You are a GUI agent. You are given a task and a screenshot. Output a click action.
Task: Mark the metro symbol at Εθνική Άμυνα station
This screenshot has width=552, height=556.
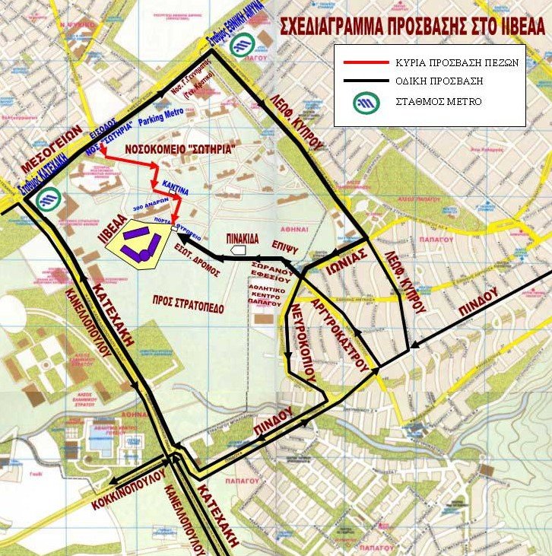[x=243, y=46]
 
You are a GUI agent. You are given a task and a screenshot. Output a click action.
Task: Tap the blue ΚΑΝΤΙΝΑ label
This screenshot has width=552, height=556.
[x=175, y=185]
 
